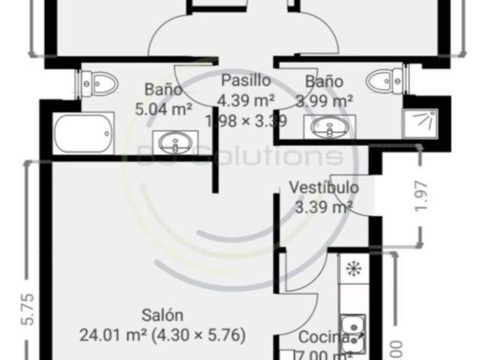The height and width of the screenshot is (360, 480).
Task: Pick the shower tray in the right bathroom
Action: click(421, 122)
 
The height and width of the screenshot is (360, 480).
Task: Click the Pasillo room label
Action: click(246, 81)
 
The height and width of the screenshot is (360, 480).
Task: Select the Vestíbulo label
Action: click(323, 187)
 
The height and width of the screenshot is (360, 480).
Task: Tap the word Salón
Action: click(162, 315)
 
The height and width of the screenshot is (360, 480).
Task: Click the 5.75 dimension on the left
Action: click(27, 309)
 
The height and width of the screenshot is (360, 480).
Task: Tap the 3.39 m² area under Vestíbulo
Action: click(323, 206)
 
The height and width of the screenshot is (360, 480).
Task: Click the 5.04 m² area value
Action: click(163, 109)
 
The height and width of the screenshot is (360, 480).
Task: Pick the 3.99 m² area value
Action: click(324, 101)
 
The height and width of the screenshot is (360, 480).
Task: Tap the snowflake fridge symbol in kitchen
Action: click(353, 268)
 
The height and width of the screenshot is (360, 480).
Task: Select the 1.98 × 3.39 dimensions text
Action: click(246, 121)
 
